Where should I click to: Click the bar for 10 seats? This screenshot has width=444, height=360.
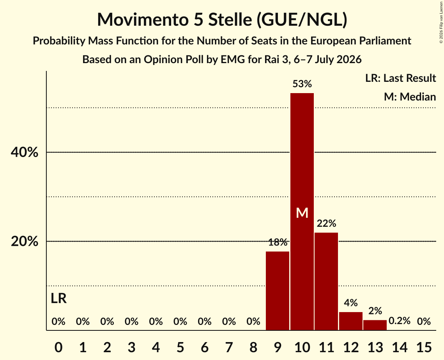pyautogui.click(x=302, y=212)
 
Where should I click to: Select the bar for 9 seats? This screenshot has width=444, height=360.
pyautogui.click(x=278, y=291)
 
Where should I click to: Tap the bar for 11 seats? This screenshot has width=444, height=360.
pyautogui.click(x=326, y=281)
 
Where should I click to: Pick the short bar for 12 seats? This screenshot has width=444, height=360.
pyautogui.click(x=350, y=321)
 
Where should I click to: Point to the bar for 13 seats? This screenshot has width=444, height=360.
pyautogui.click(x=375, y=325)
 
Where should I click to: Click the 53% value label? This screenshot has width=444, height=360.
pyautogui.click(x=302, y=84)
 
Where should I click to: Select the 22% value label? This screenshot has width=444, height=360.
pyautogui.click(x=327, y=223)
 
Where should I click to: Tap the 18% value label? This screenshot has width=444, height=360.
pyautogui.click(x=278, y=242)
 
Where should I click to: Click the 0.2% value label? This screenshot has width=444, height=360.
pyautogui.click(x=400, y=321)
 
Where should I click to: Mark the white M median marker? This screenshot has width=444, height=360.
pyautogui.click(x=302, y=213)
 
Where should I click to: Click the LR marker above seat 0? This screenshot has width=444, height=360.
pyautogui.click(x=58, y=298)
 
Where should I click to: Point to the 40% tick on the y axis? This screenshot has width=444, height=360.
pyautogui.click(x=24, y=152)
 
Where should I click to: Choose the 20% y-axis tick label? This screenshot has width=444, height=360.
pyautogui.click(x=24, y=242)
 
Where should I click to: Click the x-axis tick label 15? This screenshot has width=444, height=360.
pyautogui.click(x=424, y=347)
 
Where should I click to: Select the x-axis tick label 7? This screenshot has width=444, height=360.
pyautogui.click(x=229, y=347)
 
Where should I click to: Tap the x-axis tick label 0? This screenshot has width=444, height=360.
pyautogui.click(x=58, y=347)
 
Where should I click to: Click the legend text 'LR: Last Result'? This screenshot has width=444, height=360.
pyautogui.click(x=400, y=78)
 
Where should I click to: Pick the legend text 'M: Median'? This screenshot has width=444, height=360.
pyautogui.click(x=410, y=97)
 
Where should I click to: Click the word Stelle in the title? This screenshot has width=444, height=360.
pyautogui.click(x=230, y=19)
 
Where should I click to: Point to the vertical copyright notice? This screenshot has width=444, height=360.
pyautogui.click(x=441, y=22)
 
